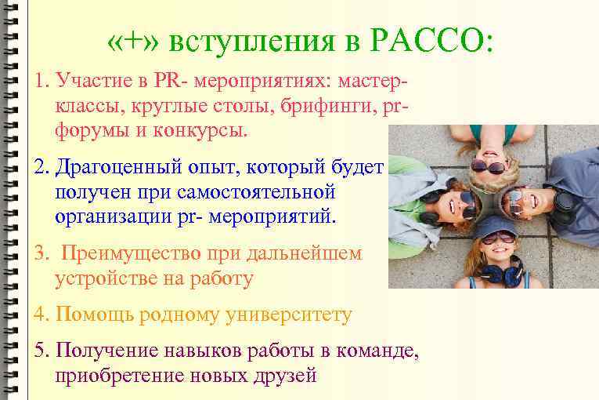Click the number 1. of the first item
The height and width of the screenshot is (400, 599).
pos(41,81)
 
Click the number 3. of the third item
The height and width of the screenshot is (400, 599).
pos(42,253)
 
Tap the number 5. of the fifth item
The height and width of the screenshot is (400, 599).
pos(41,351)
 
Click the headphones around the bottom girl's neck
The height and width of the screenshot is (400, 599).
pos(501,274)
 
